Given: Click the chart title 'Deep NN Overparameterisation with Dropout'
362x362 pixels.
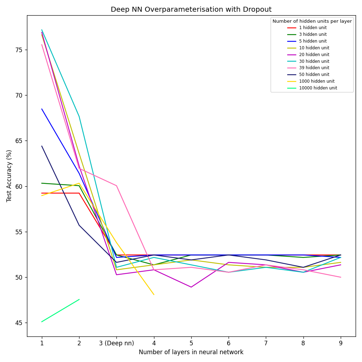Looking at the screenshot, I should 191,10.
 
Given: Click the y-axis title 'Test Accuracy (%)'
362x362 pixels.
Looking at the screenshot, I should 9,176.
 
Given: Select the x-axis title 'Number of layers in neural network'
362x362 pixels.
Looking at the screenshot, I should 191,352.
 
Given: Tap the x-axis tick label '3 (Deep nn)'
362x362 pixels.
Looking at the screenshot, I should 116,343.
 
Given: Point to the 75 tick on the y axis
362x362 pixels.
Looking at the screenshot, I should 18,50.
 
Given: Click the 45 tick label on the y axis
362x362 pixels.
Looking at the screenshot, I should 18,323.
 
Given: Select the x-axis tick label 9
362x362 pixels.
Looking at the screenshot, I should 341,343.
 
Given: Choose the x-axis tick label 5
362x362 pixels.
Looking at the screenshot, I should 191,343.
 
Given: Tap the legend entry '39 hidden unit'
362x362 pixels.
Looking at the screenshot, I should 314,68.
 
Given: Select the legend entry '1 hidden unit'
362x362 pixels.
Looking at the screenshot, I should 313,28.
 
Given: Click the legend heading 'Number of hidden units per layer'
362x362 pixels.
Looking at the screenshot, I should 312,21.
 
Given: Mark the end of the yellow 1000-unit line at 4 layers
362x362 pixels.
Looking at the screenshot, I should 154,294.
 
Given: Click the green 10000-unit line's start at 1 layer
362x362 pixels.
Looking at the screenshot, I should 42,322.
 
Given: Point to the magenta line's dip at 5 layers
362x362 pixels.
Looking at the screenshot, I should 191,287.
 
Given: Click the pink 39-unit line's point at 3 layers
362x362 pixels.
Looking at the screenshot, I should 116,186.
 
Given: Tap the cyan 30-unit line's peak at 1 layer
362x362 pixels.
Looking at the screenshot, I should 42,30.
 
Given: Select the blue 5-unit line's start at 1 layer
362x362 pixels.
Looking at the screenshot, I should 42,109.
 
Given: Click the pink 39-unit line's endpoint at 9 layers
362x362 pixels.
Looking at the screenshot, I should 341,277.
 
